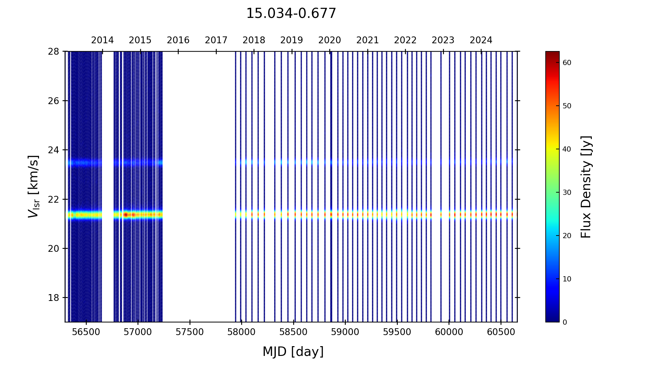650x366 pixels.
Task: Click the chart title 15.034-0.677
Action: coord(291,14)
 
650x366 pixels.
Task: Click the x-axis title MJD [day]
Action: coord(293,352)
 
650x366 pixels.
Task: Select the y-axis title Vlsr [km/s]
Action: coord(33,186)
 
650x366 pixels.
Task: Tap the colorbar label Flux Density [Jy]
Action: coord(586,187)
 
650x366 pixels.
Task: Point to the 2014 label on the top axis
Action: coord(102,40)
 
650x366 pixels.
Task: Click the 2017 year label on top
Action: coord(216,40)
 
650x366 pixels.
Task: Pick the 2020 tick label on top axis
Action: coord(330,40)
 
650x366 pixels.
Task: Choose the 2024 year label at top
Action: coord(481,40)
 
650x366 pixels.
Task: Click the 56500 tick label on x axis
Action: coord(86,332)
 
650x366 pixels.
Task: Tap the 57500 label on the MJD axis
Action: coord(190,332)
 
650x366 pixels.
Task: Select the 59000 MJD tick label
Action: coord(345,332)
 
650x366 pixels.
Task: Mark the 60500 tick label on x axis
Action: coord(501,332)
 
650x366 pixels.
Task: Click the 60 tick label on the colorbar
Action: coord(567,63)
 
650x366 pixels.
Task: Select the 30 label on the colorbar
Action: coord(567,193)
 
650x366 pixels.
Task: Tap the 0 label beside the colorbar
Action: coord(565,322)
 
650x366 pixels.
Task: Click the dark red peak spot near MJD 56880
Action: coord(125,214)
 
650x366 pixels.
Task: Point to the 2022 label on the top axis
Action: coord(405,40)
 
